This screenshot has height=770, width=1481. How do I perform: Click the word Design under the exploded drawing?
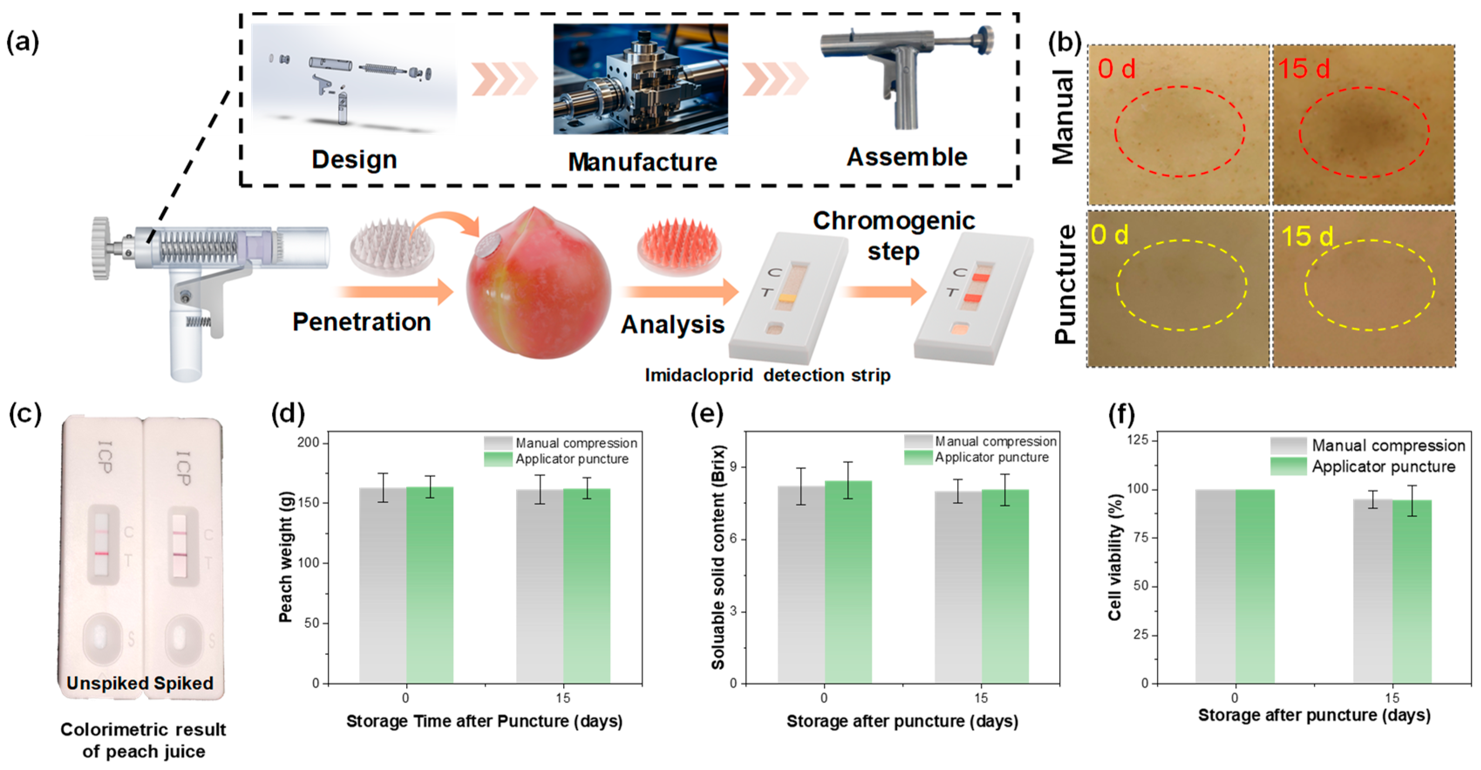(354, 159)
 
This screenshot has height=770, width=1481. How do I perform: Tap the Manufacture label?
(642, 162)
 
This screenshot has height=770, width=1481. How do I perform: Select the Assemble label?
(907, 157)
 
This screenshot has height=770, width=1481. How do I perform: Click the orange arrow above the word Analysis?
(681, 292)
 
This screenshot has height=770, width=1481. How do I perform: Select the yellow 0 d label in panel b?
(1110, 235)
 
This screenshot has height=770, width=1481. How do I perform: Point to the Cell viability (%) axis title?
(1115, 557)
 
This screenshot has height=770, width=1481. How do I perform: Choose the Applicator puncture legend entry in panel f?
(1382, 467)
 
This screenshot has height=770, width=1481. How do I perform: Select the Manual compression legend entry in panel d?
(575, 443)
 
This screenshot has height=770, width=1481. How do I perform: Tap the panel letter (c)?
(25, 414)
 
